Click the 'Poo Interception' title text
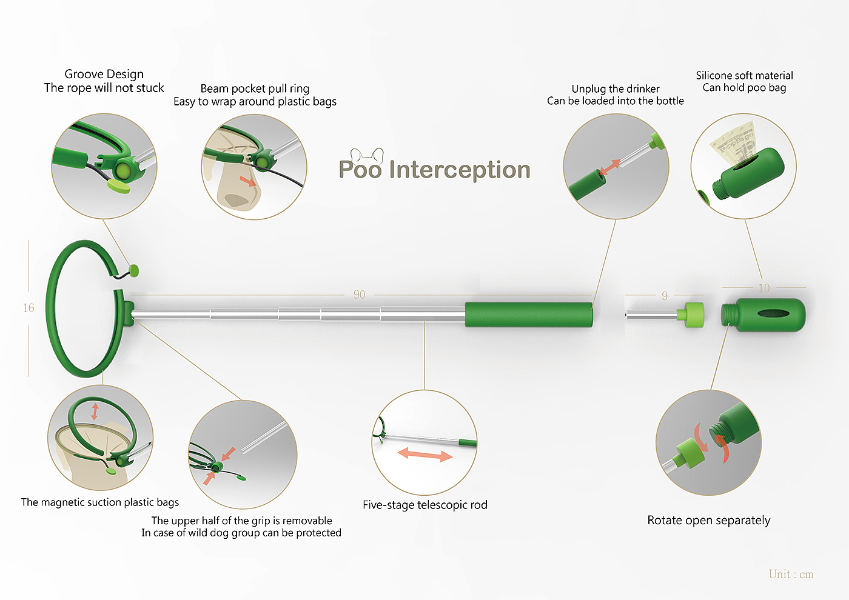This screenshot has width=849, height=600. coord(434,170)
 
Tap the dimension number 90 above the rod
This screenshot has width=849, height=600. coord(359,295)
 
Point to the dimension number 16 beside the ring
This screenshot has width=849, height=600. coord(29,308)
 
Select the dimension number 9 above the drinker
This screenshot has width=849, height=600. coord(665,296)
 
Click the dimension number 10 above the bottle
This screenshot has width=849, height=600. coord(764,288)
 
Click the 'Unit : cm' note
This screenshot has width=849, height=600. coord(791,574)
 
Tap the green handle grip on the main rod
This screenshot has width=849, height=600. coord(529,315)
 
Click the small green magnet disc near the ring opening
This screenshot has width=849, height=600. coord(134,270)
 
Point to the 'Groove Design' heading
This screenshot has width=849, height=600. coord(104,74)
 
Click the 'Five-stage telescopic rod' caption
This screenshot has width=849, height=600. coord(425,505)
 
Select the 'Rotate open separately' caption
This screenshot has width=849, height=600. coord(709,521)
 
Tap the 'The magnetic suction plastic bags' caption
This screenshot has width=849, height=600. coord(100,502)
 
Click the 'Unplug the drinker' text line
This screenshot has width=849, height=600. coord(616,88)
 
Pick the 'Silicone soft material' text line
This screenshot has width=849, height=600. coord(744,75)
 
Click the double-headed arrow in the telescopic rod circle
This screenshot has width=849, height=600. coord(425,455)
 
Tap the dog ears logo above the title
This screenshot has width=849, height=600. coord(367,155)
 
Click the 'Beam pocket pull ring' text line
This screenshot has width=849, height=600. coord(255,88)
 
